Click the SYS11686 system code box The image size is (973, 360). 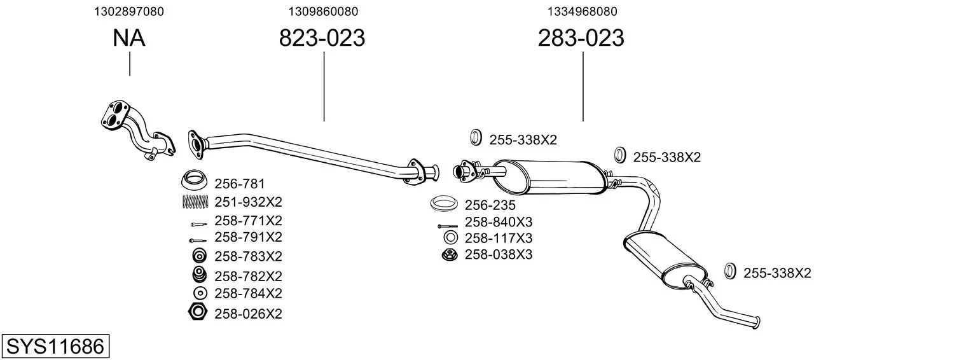pyautogui.click(x=55, y=346)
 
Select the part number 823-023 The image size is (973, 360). pyautogui.click(x=322, y=38)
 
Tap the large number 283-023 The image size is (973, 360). pyautogui.click(x=581, y=38)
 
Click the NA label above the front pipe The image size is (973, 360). pyautogui.click(x=128, y=38)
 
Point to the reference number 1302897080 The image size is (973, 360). pyautogui.click(x=129, y=11)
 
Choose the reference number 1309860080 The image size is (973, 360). pyautogui.click(x=323, y=11)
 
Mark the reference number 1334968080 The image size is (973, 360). pyautogui.click(x=582, y=11)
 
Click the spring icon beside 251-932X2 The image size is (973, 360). pyautogui.click(x=195, y=202)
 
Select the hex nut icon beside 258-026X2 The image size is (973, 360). pyautogui.click(x=198, y=312)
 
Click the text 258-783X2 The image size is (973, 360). pyautogui.click(x=248, y=256)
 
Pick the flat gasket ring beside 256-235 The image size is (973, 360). pyautogui.click(x=443, y=204)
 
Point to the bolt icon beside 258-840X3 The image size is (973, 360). pyautogui.click(x=448, y=226)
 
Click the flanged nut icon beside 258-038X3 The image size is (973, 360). pyautogui.click(x=450, y=255)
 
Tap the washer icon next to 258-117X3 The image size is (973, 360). pyautogui.click(x=450, y=237)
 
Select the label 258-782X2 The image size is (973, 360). pyautogui.click(x=248, y=276)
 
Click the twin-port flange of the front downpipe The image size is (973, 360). pyautogui.click(x=115, y=114)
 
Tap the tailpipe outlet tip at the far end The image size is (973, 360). pyautogui.click(x=757, y=322)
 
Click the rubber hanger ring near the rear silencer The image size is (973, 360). pyautogui.click(x=730, y=270)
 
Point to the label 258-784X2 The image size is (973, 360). pyautogui.click(x=248, y=293)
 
